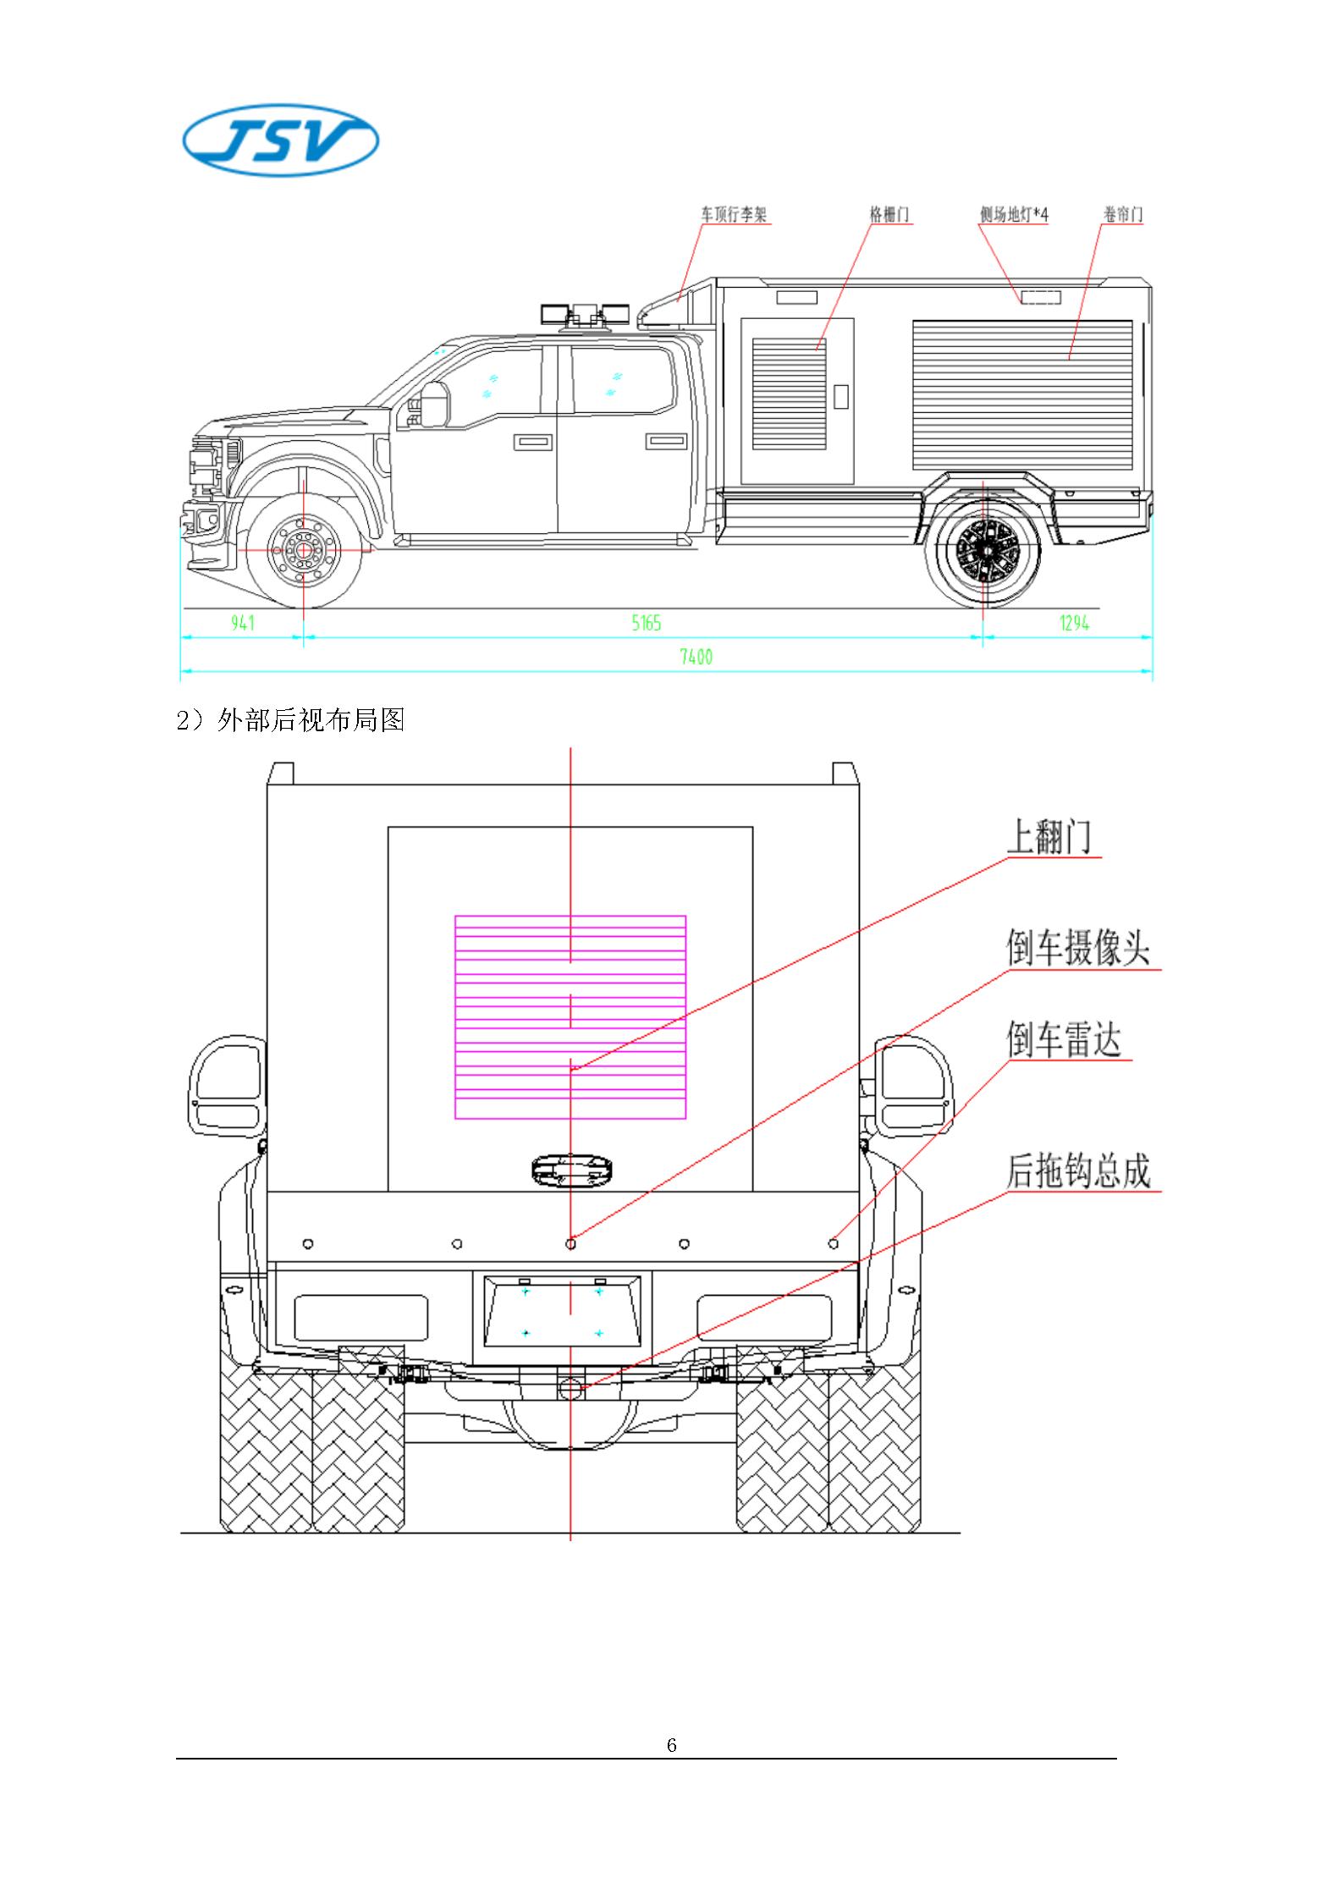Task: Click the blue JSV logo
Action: pyautogui.click(x=281, y=141)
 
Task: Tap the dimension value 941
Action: pyautogui.click(x=242, y=624)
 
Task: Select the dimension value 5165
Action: pyautogui.click(x=646, y=624)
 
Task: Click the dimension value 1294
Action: pyautogui.click(x=1074, y=624)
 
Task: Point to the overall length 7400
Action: pyautogui.click(x=696, y=657)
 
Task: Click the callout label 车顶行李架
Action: pyautogui.click(x=733, y=215)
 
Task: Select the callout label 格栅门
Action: pyautogui.click(x=889, y=215)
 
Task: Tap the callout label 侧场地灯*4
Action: pyautogui.click(x=1014, y=215)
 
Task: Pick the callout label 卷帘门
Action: pyautogui.click(x=1122, y=215)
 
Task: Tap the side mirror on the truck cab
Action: pyautogui.click(x=435, y=404)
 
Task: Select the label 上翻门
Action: pyautogui.click(x=1049, y=838)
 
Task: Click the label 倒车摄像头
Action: pyautogui.click(x=1078, y=948)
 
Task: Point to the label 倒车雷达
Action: pyautogui.click(x=1063, y=1039)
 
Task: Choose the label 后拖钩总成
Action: pyautogui.click(x=1078, y=1171)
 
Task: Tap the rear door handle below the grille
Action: pyautogui.click(x=570, y=1170)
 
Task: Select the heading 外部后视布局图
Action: pyautogui.click(x=310, y=720)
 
